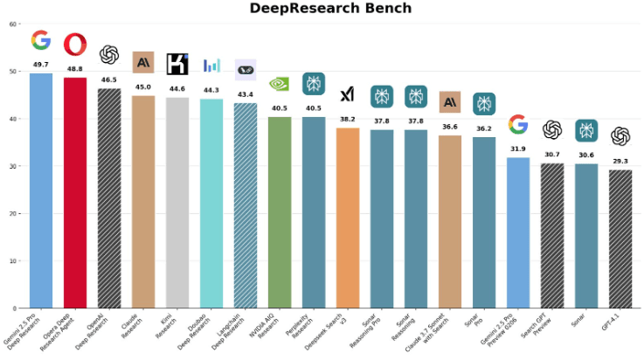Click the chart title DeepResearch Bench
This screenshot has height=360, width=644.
pos(330,9)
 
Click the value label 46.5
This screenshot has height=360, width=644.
pos(109,80)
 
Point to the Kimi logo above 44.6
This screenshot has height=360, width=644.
pos(177,64)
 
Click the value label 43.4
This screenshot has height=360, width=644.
pos(246,94)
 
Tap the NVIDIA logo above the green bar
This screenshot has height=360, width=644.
pos(280,84)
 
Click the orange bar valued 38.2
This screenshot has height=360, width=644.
pos(348,218)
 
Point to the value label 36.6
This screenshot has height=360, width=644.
pos(450,127)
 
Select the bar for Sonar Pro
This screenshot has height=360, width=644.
pos(484,222)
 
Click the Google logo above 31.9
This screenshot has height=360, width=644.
pos(518,125)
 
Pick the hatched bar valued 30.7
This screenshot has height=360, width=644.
pos(552,235)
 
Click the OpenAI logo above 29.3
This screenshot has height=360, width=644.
pos(620,135)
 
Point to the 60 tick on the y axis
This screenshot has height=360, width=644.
pos(12,24)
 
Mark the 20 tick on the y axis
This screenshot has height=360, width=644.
pos(12,213)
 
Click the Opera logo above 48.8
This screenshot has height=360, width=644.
pos(75,44)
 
